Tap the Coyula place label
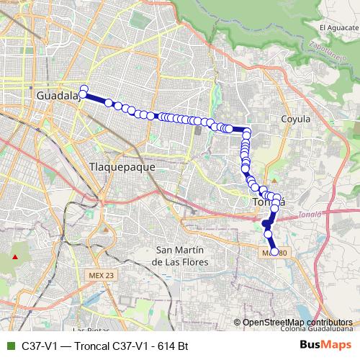pos(295,119)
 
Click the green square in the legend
pos(9,346)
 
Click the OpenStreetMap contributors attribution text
pos(297,322)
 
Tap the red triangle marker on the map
pos(15,256)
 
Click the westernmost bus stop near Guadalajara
pos(84,89)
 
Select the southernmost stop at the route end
pos(274,251)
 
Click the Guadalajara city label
pos(56,96)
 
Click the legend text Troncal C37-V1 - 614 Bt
pos(104,346)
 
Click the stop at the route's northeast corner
pos(246,132)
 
